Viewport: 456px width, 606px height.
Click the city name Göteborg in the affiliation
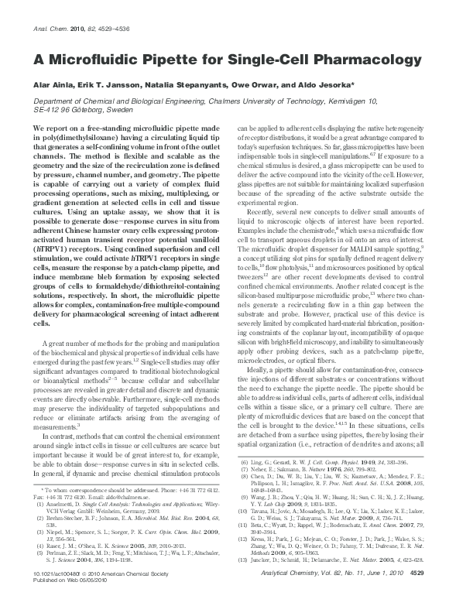pos(102,110)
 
